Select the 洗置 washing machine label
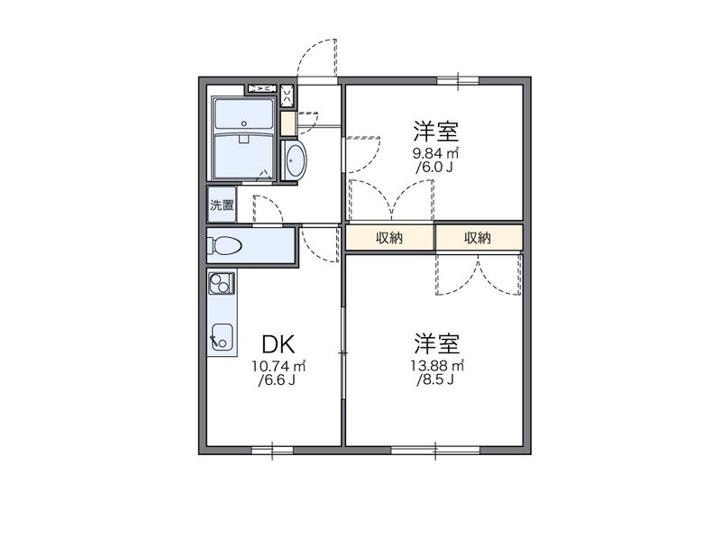(222, 205)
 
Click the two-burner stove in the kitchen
(220, 285)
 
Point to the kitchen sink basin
(221, 338)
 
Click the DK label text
(278, 343)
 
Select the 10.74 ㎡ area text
(278, 366)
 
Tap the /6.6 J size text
(278, 381)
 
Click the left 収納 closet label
(389, 238)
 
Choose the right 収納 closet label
(478, 238)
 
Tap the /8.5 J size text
(437, 381)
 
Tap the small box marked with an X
(287, 95)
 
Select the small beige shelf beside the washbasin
(287, 123)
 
